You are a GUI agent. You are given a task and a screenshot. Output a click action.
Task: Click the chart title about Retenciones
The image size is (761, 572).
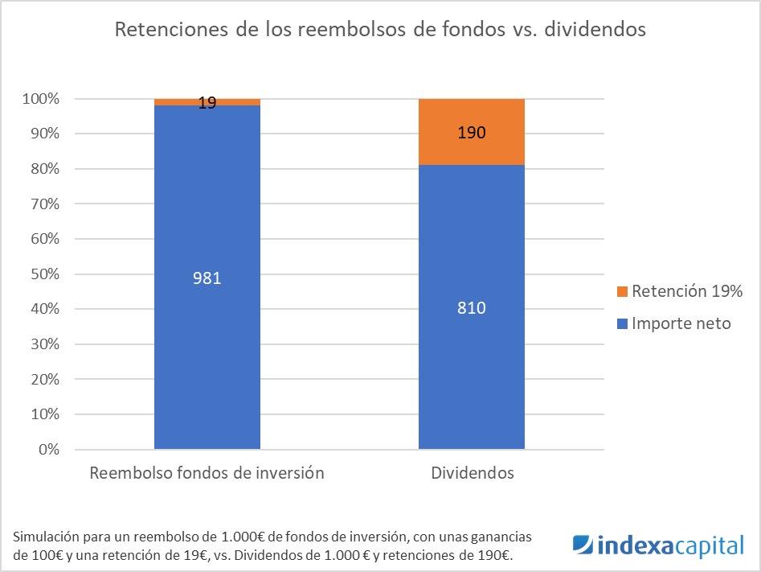point(380,29)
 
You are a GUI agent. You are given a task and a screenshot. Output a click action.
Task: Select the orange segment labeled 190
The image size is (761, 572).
point(472,132)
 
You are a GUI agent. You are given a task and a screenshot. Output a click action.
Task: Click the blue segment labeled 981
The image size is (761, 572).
point(207,277)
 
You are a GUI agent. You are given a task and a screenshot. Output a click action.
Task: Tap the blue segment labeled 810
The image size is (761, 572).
point(472,307)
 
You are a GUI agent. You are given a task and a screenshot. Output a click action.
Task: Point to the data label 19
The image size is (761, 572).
point(207,102)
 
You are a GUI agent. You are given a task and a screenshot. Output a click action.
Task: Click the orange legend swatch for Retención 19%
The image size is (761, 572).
point(622,291)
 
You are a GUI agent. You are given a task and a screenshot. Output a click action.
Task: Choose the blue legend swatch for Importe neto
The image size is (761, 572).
point(622,323)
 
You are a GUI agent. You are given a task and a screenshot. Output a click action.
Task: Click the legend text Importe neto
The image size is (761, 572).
point(681,323)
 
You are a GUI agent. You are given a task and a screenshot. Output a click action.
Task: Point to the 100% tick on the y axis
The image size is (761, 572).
point(41,99)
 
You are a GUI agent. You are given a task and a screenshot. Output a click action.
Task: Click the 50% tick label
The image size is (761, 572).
point(45,274)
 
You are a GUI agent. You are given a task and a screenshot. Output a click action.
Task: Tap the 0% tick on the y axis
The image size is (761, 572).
point(49,449)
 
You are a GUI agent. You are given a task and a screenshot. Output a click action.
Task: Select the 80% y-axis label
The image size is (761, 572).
point(45,169)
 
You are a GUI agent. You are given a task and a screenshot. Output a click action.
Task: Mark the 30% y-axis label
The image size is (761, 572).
point(45,344)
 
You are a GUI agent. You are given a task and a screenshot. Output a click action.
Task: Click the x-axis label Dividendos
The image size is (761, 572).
point(473,473)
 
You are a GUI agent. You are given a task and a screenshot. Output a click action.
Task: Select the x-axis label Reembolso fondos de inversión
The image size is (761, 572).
point(207,473)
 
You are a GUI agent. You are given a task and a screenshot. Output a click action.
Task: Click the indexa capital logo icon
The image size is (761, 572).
point(583,545)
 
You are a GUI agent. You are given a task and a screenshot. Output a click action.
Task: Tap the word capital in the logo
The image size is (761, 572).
point(709,546)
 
